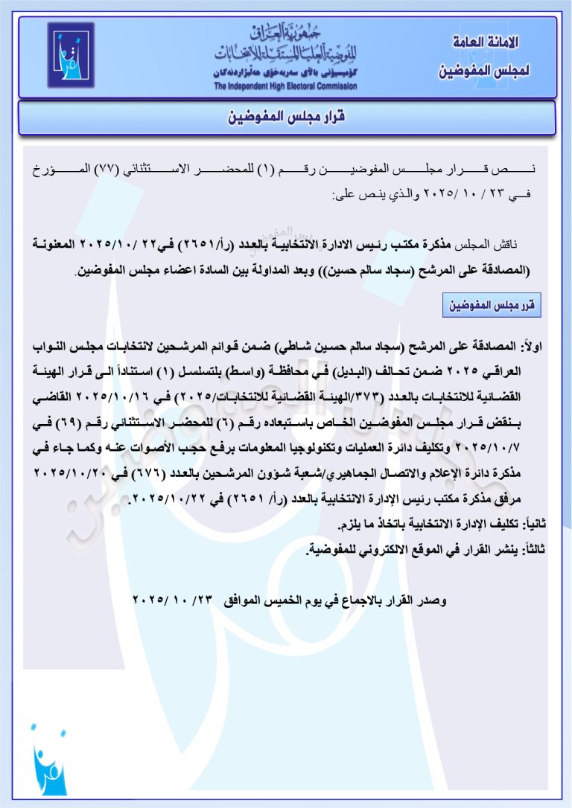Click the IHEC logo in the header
tap(71, 55)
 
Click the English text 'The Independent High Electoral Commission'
tap(285, 86)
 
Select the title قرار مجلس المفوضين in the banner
tap(287, 118)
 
